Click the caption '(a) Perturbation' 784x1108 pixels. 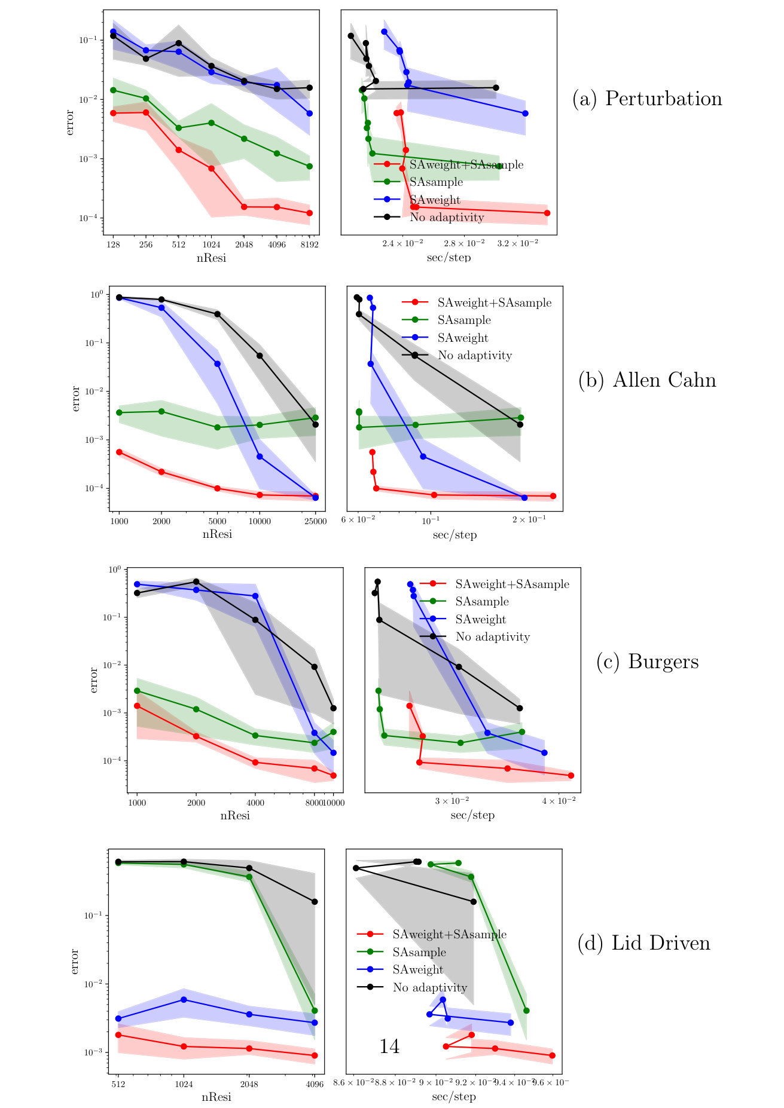tap(647, 99)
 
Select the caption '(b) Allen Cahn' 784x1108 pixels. tap(647, 380)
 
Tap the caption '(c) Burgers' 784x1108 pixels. tap(647, 662)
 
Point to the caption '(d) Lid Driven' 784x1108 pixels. tap(643, 943)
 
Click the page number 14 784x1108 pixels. tap(389, 1046)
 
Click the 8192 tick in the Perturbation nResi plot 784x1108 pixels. tap(309, 244)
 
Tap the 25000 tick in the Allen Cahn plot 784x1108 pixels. tap(315, 521)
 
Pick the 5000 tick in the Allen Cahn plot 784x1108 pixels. tap(217, 521)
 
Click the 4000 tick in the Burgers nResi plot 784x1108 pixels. tap(255, 803)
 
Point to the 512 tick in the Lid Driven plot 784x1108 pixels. tap(118, 1084)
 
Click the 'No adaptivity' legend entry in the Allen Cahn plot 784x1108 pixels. tap(475, 356)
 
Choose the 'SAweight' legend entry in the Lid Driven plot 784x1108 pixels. tap(418, 969)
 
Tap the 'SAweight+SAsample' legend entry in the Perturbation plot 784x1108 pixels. tap(466, 164)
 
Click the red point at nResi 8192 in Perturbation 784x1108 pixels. tap(309, 213)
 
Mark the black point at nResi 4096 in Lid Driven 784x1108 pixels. tap(315, 901)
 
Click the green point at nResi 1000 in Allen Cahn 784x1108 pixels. tap(119, 412)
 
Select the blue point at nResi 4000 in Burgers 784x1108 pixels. tap(255, 596)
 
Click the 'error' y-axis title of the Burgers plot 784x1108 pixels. tap(94, 680)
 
